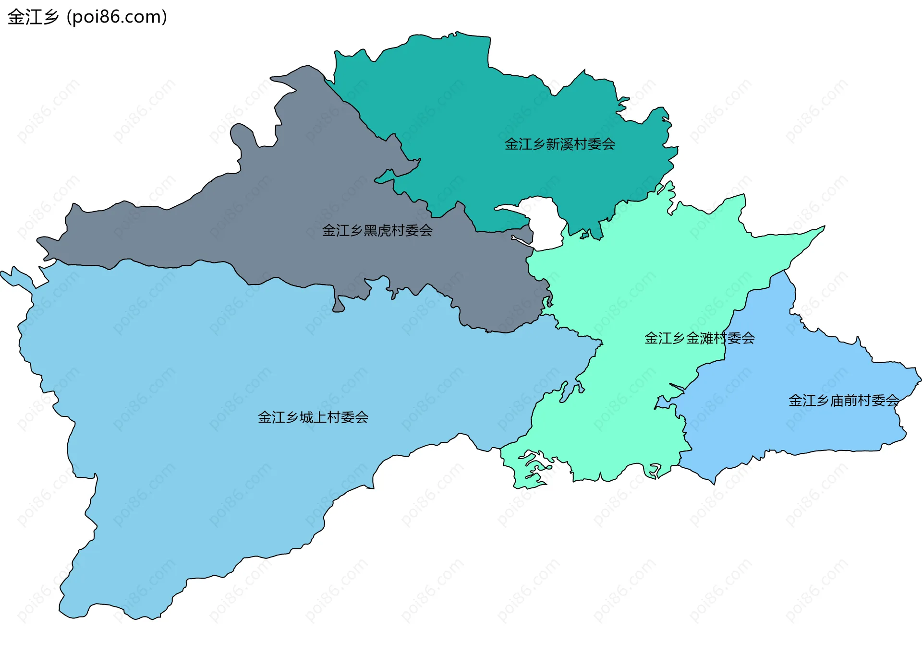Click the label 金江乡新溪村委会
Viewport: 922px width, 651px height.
tap(559, 144)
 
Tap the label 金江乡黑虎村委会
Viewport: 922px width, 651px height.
tap(377, 230)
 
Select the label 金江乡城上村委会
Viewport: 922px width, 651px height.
tap(313, 417)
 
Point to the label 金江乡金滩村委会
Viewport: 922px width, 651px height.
tap(699, 338)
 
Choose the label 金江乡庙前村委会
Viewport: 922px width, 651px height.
tap(843, 400)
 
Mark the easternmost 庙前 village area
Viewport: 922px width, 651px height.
tap(792, 422)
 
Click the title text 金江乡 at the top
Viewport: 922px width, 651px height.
tap(33, 17)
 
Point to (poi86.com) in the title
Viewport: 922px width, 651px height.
tap(117, 17)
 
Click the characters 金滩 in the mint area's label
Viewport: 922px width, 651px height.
tap(699, 338)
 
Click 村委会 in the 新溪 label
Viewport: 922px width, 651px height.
tap(594, 144)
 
